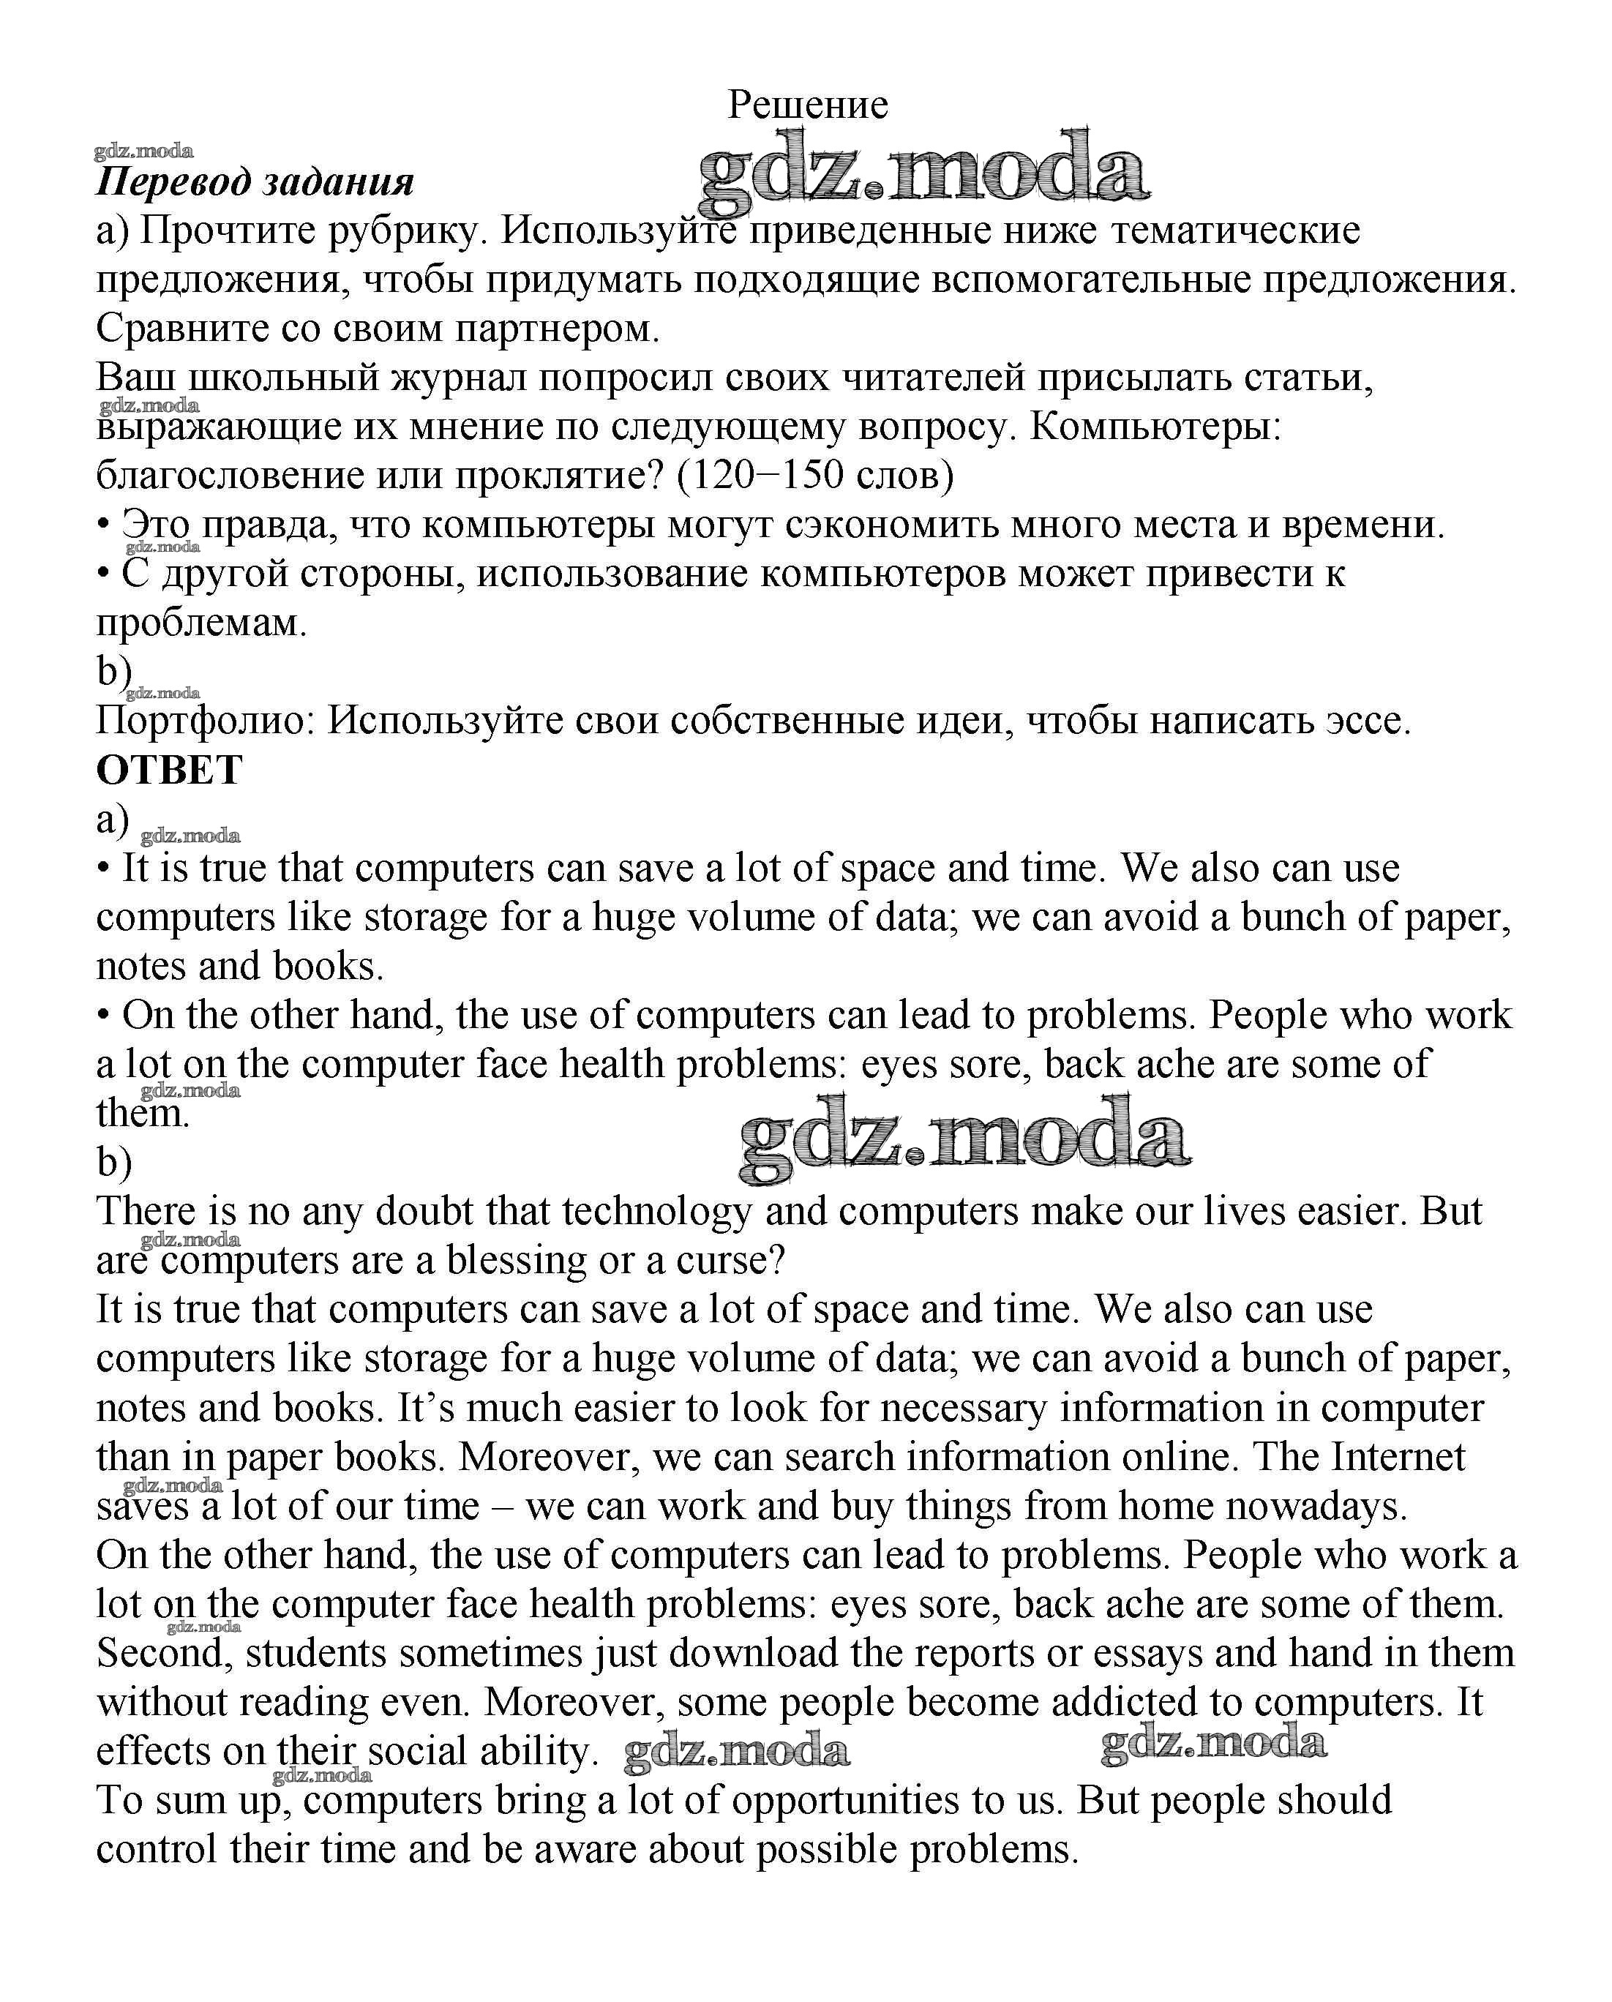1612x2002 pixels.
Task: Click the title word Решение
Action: pos(807,104)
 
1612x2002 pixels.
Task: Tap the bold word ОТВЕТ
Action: pos(169,770)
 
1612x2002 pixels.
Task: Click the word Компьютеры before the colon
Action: pos(1155,426)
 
